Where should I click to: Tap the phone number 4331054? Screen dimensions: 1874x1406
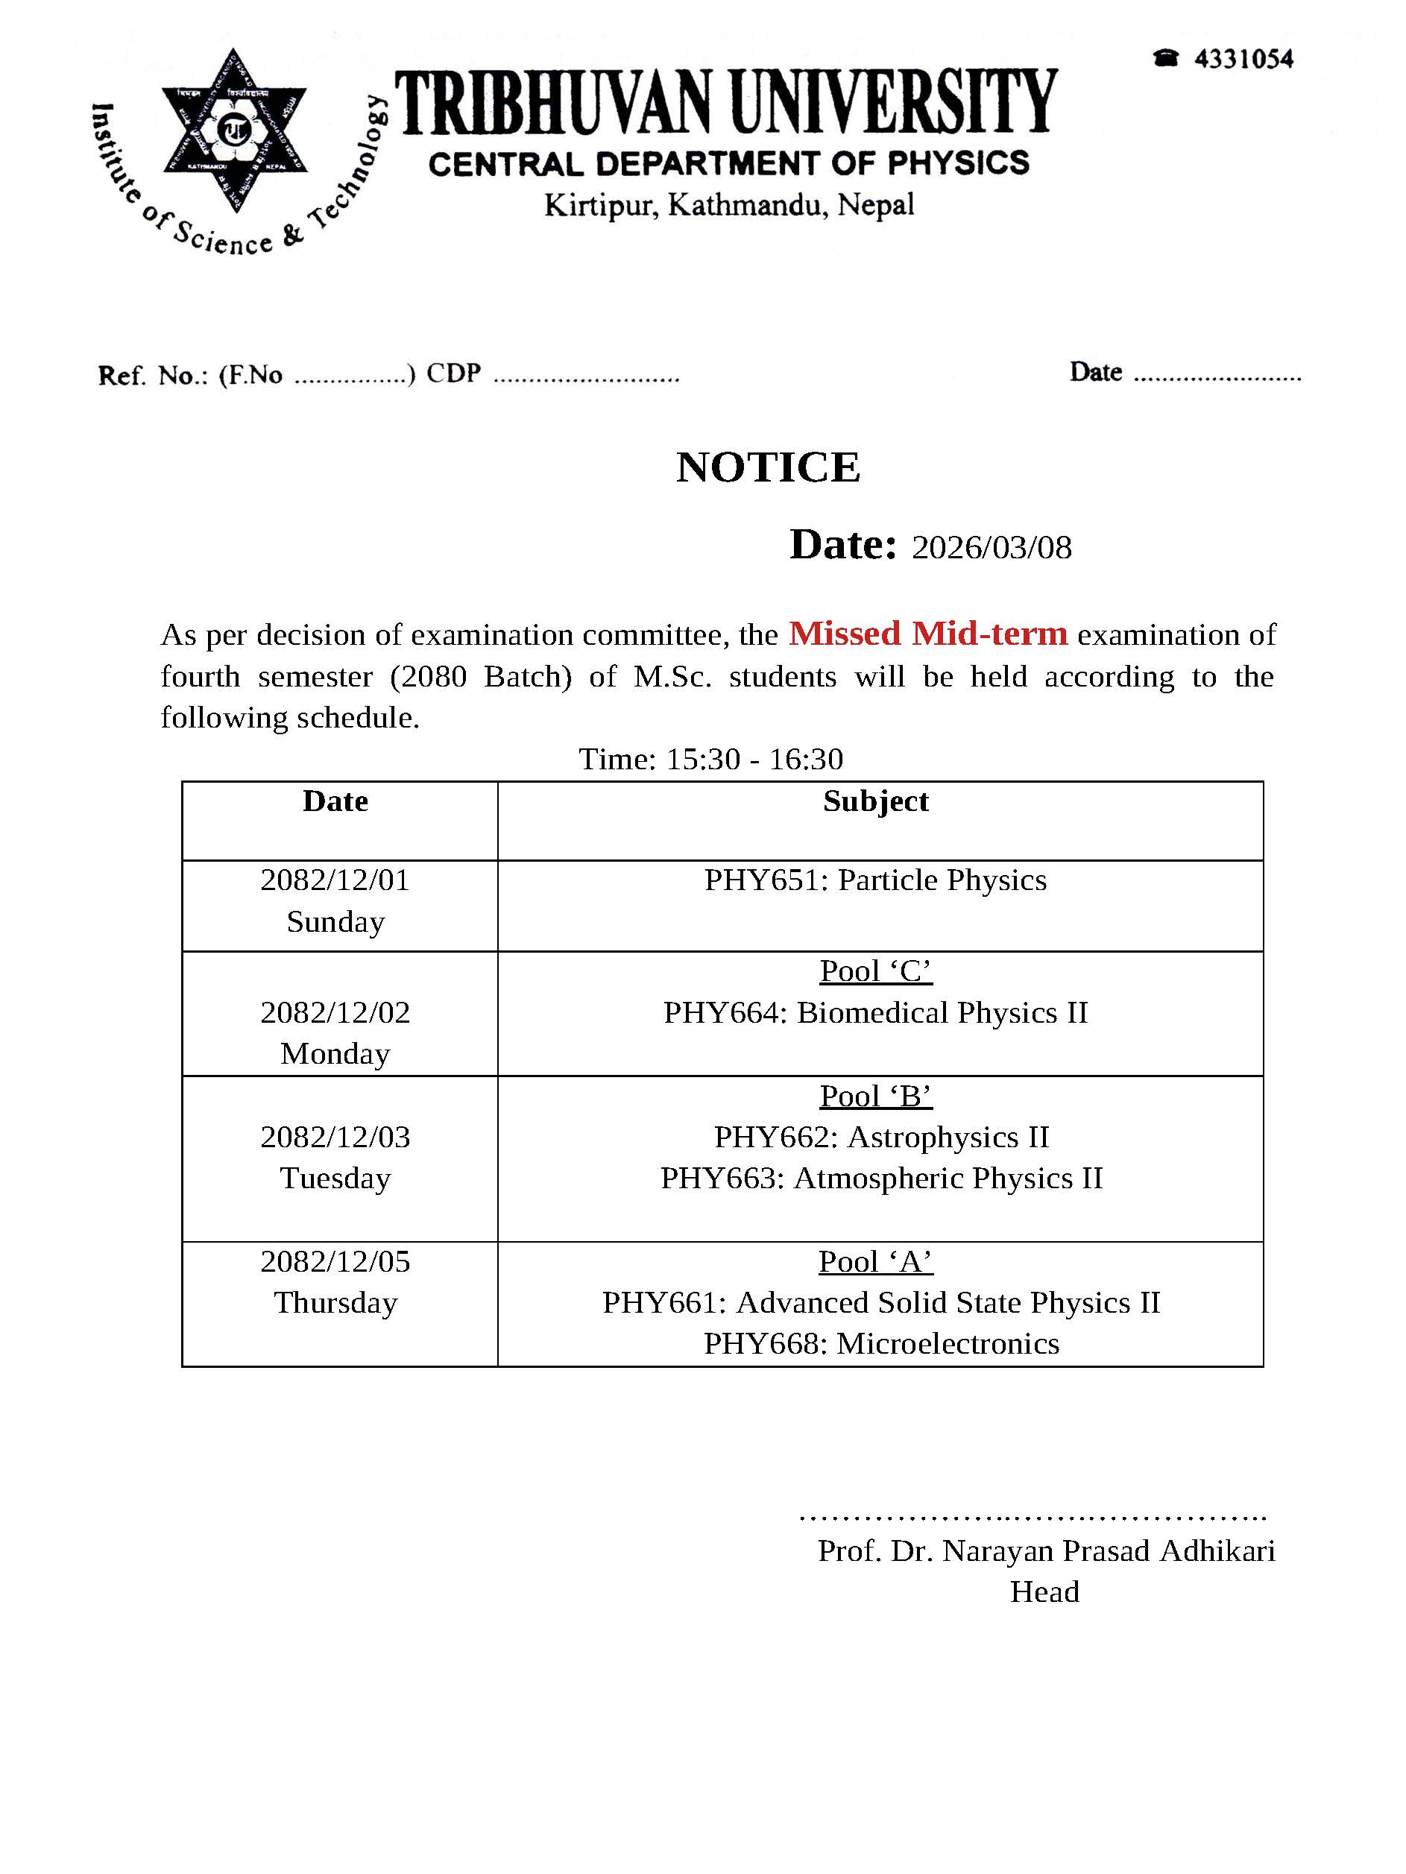point(1243,60)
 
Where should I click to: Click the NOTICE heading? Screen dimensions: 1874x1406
point(768,467)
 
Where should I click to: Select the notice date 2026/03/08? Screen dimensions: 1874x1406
point(991,547)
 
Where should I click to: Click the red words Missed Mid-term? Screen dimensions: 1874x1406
point(927,633)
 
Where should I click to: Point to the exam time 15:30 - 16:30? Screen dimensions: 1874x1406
point(754,758)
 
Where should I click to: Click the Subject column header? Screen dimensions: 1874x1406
point(875,801)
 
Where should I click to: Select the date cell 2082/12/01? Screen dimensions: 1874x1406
point(335,880)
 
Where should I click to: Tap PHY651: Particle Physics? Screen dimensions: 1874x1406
point(875,880)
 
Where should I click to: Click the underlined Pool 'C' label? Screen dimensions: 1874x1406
point(875,971)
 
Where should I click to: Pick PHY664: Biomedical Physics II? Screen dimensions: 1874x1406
point(875,1012)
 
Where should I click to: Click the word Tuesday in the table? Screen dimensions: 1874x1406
point(335,1178)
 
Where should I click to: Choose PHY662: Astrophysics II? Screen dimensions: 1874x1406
point(881,1137)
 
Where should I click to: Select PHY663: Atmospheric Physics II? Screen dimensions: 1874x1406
point(881,1178)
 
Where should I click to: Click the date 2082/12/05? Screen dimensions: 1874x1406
point(335,1261)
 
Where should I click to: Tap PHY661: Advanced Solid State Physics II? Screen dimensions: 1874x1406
point(881,1302)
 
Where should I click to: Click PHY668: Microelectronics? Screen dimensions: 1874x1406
point(881,1344)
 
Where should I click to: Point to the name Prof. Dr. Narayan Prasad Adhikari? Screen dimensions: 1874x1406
point(1046,1550)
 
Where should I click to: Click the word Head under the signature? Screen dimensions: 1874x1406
point(1044,1592)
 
